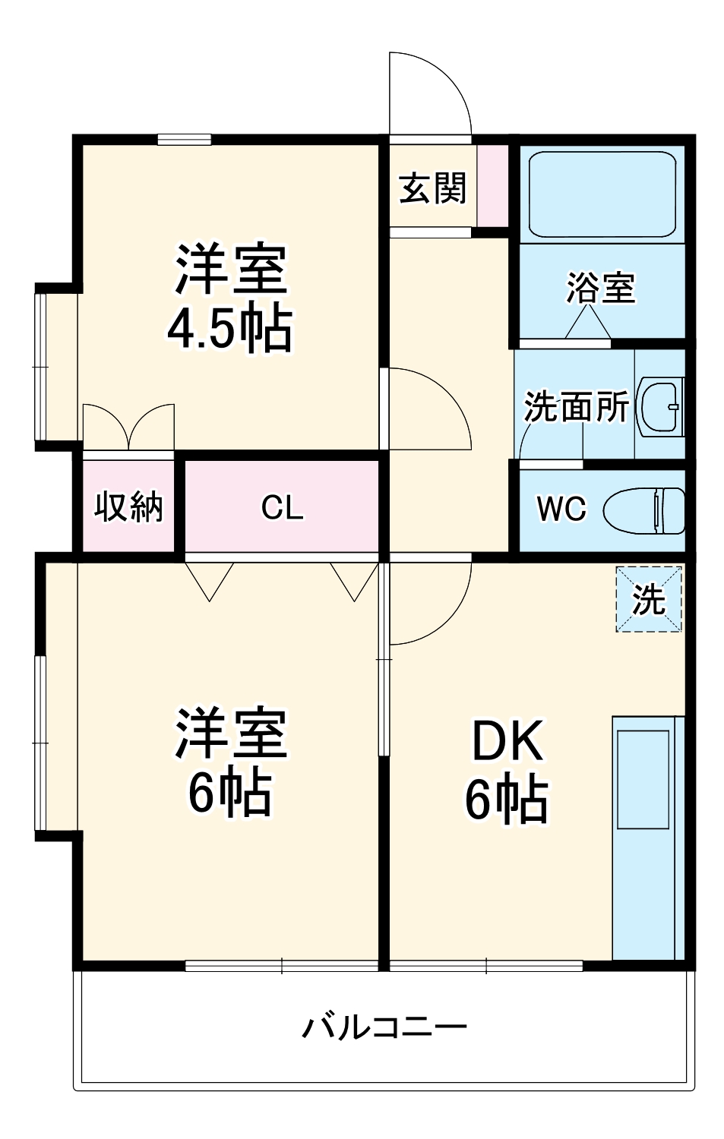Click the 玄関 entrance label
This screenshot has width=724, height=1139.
[x=432, y=188]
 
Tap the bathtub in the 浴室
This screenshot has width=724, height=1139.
[x=602, y=194]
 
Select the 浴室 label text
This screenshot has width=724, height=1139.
[x=600, y=288]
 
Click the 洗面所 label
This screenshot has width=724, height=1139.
[x=576, y=407]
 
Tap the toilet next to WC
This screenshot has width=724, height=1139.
[x=644, y=510]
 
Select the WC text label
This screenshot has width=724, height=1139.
[x=561, y=509]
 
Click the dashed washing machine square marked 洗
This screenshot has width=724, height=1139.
[x=648, y=599]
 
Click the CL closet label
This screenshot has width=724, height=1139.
[x=282, y=507]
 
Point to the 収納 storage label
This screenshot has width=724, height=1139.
[x=128, y=506]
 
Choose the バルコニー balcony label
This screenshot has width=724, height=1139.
[x=384, y=1027]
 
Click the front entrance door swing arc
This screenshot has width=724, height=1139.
[x=429, y=95]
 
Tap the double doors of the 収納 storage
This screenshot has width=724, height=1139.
[x=128, y=429]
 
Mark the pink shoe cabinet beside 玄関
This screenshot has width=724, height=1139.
[x=492, y=185]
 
